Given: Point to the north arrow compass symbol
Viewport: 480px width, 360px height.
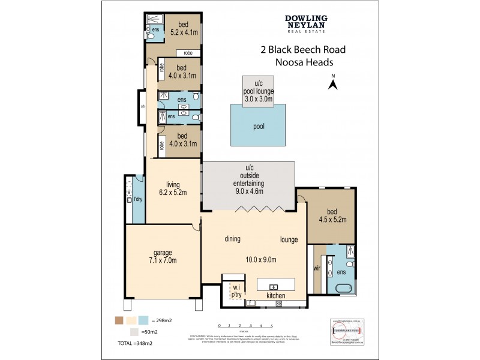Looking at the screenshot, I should (332, 83).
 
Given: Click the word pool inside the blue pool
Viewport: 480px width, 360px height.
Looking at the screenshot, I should (259, 127).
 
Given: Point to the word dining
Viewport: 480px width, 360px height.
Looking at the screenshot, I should (232, 239).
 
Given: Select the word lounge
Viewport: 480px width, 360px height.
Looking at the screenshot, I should (289, 239).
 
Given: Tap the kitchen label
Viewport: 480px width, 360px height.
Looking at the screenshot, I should (276, 296).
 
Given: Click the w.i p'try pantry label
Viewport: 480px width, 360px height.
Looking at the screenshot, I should (236, 290).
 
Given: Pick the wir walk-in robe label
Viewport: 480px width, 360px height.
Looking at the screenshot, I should (317, 268).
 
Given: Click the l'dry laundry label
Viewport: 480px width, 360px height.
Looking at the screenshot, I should (137, 199).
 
